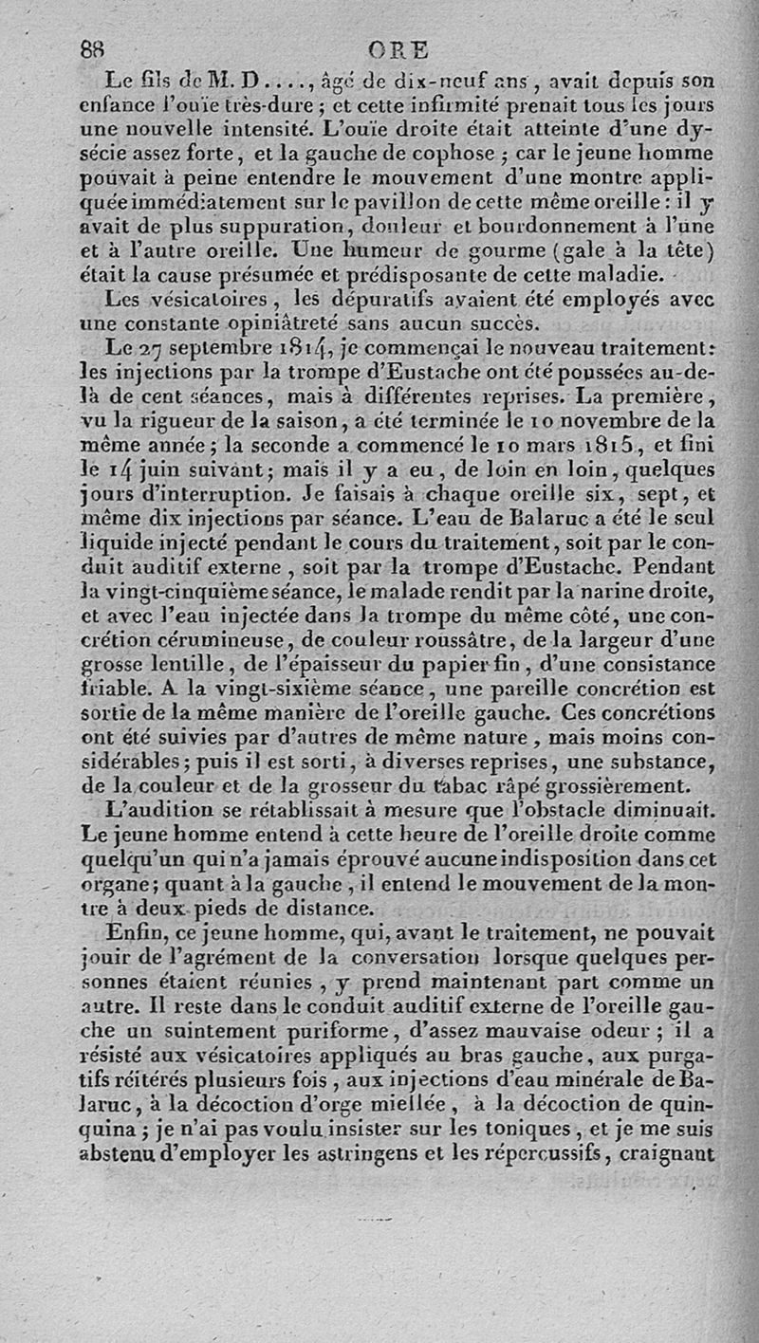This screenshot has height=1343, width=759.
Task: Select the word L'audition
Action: click(168, 811)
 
